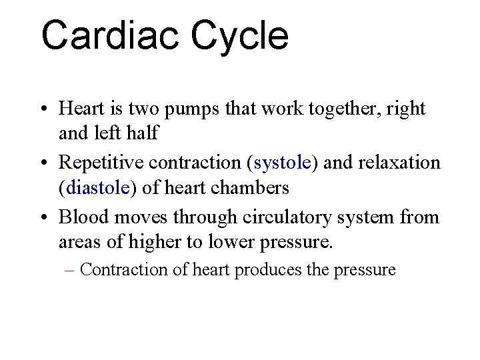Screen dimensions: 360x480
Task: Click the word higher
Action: tap(161, 241)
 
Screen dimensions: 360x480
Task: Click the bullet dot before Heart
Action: tap(42, 109)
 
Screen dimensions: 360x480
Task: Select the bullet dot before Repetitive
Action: tap(42, 163)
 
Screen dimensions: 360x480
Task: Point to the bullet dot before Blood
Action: tap(42, 218)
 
